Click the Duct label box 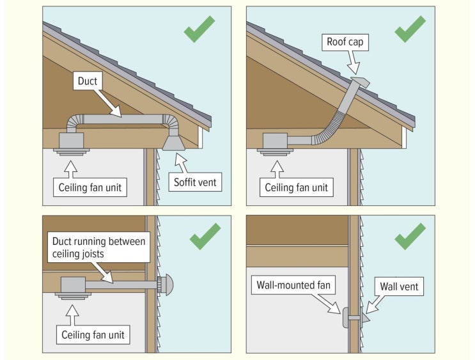pos(88,81)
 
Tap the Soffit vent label pos(195,182)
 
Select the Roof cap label pos(345,42)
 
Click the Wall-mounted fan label pos(293,285)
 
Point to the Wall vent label pos(399,286)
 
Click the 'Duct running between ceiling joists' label pos(98,247)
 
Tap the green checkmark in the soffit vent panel pos(199,29)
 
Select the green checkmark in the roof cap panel pos(410,29)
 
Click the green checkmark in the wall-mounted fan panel pos(410,237)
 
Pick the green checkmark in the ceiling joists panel pos(205,237)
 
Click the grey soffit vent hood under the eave pos(174,143)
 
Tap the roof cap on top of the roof pos(360,82)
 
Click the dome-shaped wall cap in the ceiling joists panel pos(166,285)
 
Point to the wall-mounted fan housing pos(346,318)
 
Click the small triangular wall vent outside pos(366,318)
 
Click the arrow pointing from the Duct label pos(107,103)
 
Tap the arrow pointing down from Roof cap pos(354,62)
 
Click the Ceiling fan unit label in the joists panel pos(93,335)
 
